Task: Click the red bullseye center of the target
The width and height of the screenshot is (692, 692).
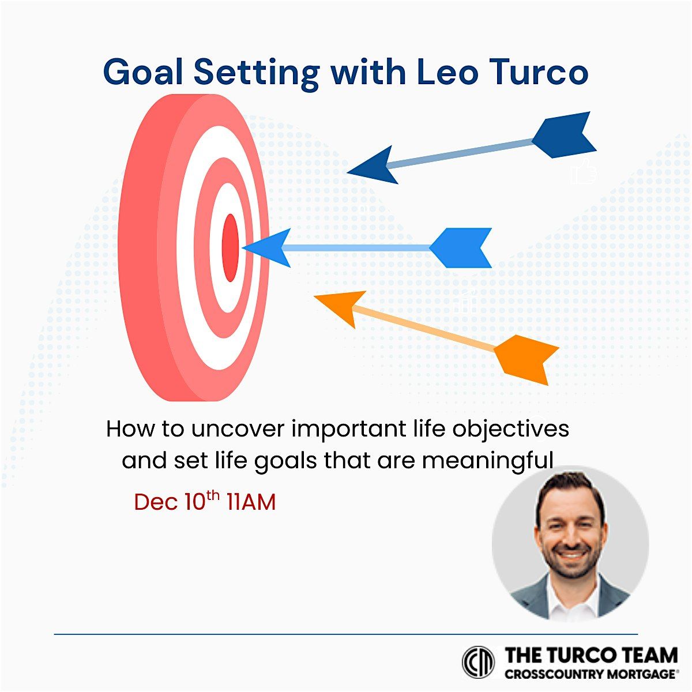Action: pos(230,247)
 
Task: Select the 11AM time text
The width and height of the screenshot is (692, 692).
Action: pos(251,502)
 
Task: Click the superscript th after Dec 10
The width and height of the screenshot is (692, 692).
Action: pos(213,495)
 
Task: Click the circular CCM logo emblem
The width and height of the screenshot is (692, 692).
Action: pos(479,661)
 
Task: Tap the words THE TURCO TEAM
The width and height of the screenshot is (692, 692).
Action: pos(591,656)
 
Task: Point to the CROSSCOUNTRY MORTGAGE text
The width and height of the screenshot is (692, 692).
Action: pos(591,674)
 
